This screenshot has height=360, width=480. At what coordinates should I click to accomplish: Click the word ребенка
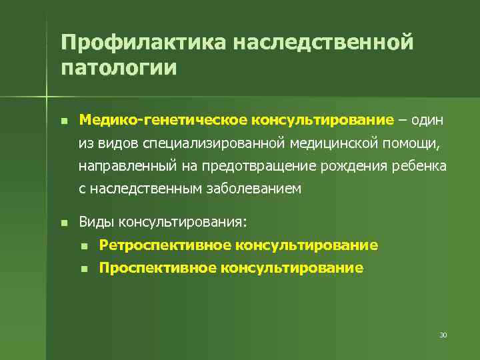click(x=418, y=166)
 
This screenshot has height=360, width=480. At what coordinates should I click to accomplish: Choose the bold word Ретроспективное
click(x=164, y=245)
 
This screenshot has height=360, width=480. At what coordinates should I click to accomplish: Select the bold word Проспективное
click(x=158, y=268)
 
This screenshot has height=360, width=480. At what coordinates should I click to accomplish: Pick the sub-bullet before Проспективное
click(x=84, y=269)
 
